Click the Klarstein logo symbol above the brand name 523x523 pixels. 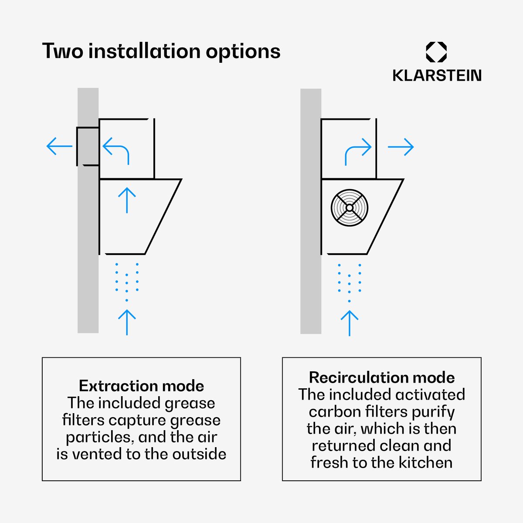click(x=436, y=52)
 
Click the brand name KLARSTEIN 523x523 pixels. click(x=437, y=75)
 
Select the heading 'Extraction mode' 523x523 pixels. click(x=141, y=386)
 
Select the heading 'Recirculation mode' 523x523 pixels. click(x=382, y=377)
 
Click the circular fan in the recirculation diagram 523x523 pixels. click(x=350, y=207)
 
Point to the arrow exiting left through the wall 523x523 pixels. click(x=59, y=146)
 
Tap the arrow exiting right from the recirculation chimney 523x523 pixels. click(x=401, y=147)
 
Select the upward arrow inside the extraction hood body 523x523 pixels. click(x=127, y=200)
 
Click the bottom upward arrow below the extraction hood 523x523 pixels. click(x=127, y=323)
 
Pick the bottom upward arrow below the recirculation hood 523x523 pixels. click(x=350, y=323)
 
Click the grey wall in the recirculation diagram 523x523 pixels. click(x=311, y=211)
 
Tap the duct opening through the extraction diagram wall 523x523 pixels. click(x=88, y=146)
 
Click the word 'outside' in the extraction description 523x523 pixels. click(x=200, y=454)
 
